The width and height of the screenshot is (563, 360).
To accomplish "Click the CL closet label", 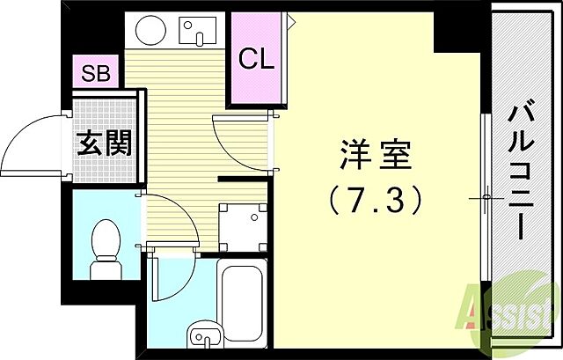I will click(x=257, y=59).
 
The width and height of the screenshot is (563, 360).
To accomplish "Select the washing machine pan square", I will click(x=241, y=227).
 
